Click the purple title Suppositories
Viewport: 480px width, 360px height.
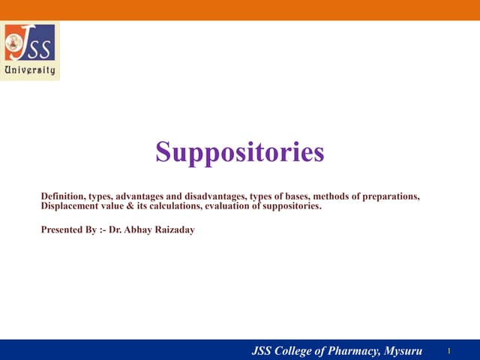(240, 152)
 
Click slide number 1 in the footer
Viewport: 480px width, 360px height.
(447, 350)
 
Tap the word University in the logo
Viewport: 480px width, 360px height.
(30, 70)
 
